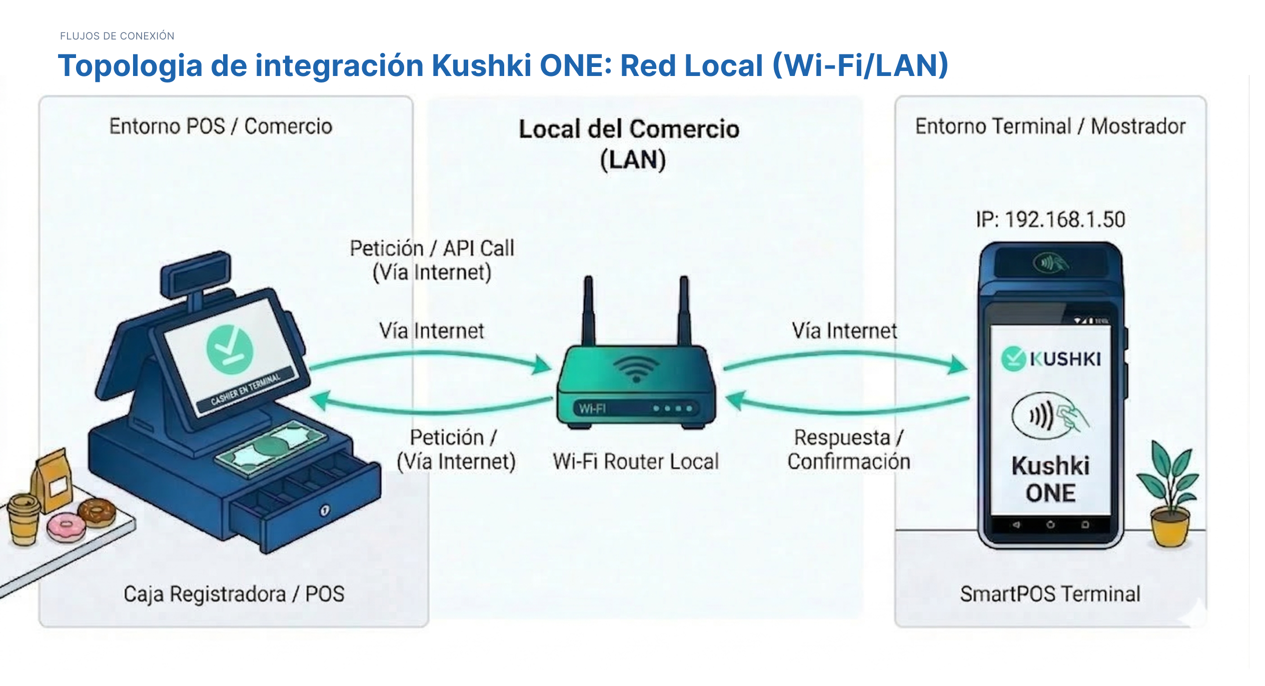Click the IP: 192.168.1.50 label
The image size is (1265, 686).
pos(1050,219)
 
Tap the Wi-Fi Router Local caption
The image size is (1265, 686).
pos(635,461)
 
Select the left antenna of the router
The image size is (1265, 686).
pos(589,310)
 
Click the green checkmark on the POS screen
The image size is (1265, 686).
pos(230,349)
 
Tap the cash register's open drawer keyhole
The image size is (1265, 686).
pos(325,510)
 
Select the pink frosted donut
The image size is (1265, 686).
pos(66,526)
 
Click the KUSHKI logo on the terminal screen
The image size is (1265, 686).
pos(1051,358)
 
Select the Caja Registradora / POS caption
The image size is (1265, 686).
pos(234,594)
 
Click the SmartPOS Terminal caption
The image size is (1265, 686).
pos(1050,594)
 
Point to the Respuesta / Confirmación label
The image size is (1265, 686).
pos(848,449)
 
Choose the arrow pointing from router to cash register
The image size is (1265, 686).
pos(430,407)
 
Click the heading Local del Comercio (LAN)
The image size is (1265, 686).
pos(629,144)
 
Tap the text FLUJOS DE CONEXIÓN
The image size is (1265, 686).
pos(117,36)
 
